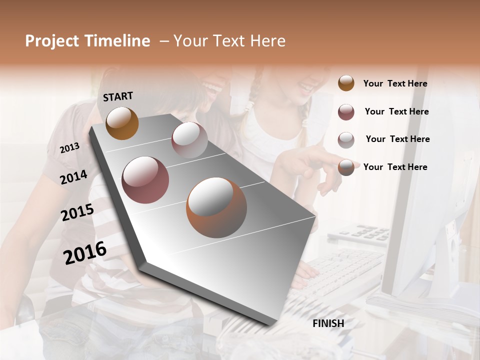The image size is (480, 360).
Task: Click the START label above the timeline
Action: [118, 96]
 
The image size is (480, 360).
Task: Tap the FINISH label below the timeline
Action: [328, 323]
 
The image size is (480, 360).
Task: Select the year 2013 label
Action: [69, 148]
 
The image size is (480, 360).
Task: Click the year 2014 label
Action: [73, 177]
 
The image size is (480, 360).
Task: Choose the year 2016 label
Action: [85, 252]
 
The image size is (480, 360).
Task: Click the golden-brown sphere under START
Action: [122, 123]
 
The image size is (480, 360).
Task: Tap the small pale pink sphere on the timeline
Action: [189, 139]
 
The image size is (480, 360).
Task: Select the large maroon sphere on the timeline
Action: [145, 180]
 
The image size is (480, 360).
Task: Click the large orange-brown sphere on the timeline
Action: [216, 207]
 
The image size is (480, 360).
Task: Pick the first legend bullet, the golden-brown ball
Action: [346, 83]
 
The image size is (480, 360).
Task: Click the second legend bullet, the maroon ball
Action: [346, 112]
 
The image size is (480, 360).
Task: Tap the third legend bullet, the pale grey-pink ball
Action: [346, 140]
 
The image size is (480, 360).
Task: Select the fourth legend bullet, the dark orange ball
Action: [346, 168]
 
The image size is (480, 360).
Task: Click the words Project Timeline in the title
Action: [87, 41]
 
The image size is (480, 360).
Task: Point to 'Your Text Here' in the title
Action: [229, 41]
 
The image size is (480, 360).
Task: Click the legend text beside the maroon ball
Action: [396, 111]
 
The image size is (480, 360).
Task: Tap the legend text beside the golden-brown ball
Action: [395, 83]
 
